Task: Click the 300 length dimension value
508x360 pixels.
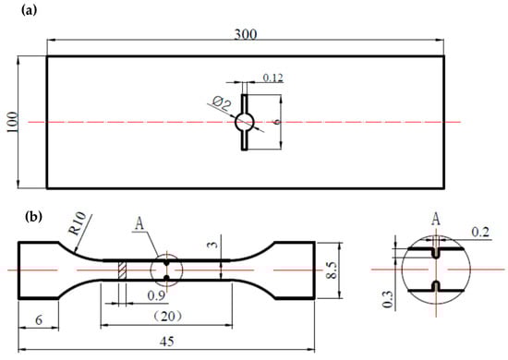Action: [246, 34]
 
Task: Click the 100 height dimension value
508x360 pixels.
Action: [12, 122]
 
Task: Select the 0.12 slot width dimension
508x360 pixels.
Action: [272, 78]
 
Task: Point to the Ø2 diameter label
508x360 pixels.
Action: [223, 104]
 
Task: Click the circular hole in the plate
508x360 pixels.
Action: [245, 123]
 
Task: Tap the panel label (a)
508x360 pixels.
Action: [29, 10]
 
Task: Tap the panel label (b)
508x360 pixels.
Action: [33, 217]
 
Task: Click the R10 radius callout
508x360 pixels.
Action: [77, 222]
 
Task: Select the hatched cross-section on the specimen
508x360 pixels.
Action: [122, 270]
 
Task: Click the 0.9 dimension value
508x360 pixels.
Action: [156, 295]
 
